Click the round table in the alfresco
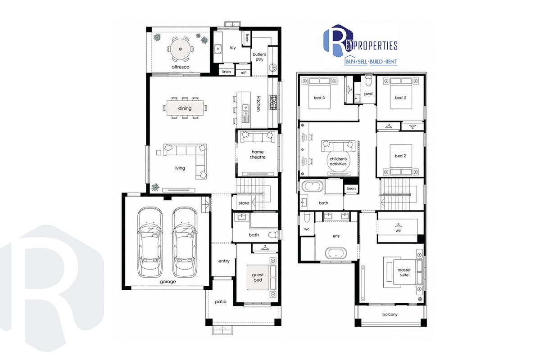(x=181, y=49)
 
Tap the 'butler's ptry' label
(x=259, y=57)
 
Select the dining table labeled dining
(x=185, y=108)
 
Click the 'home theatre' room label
(x=258, y=154)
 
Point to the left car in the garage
(x=150, y=242)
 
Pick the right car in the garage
(x=184, y=242)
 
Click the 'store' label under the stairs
(x=244, y=203)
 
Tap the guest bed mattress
(x=258, y=278)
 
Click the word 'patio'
(x=221, y=302)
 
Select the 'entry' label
(x=224, y=261)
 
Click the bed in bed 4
(x=319, y=93)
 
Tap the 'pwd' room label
(x=368, y=94)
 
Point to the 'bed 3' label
(x=400, y=98)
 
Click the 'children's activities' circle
(x=338, y=162)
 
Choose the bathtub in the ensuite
(x=336, y=253)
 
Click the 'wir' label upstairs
(x=398, y=230)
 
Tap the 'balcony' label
(x=390, y=315)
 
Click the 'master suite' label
(x=404, y=272)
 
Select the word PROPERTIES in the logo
(x=375, y=45)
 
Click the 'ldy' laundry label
(x=233, y=48)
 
